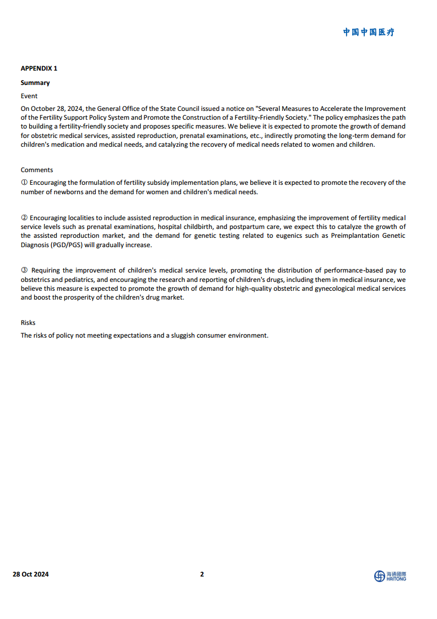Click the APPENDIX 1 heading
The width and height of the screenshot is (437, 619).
(39, 68)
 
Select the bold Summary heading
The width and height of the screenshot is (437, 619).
(35, 83)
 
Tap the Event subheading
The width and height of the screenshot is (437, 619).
(29, 95)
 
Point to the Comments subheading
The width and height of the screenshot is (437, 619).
(37, 170)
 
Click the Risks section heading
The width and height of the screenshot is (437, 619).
(28, 323)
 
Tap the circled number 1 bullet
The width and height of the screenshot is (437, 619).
(24, 183)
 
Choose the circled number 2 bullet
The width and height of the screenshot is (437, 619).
(24, 218)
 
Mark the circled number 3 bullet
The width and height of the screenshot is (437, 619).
(24, 270)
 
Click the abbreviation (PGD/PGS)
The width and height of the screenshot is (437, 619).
(67, 245)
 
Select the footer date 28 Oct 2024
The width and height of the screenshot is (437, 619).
(31, 574)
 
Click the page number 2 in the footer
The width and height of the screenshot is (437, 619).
(202, 574)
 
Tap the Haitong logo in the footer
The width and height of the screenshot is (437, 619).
(390, 576)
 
